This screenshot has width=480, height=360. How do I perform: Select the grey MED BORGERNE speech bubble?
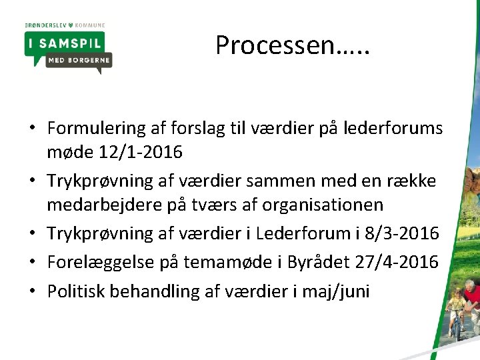[79, 61]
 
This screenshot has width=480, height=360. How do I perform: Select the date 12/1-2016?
[140, 153]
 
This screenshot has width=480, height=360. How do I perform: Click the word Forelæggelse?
[99, 262]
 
